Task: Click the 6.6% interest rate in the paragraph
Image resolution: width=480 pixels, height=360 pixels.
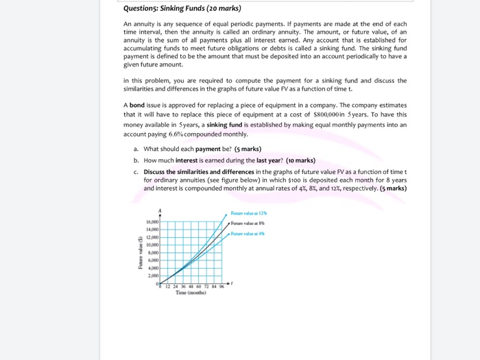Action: [174, 134]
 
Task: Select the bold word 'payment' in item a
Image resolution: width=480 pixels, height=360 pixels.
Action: [208, 149]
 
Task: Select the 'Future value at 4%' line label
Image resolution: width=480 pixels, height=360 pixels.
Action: [248, 234]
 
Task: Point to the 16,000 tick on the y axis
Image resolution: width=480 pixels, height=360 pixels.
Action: [152, 222]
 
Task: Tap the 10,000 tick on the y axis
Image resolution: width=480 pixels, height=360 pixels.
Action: [152, 245]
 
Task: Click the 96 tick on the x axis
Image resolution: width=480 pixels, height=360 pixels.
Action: [220, 287]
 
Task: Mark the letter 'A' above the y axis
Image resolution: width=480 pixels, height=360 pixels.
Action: [160, 211]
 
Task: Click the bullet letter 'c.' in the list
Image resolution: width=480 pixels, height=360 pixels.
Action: [136, 171]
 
